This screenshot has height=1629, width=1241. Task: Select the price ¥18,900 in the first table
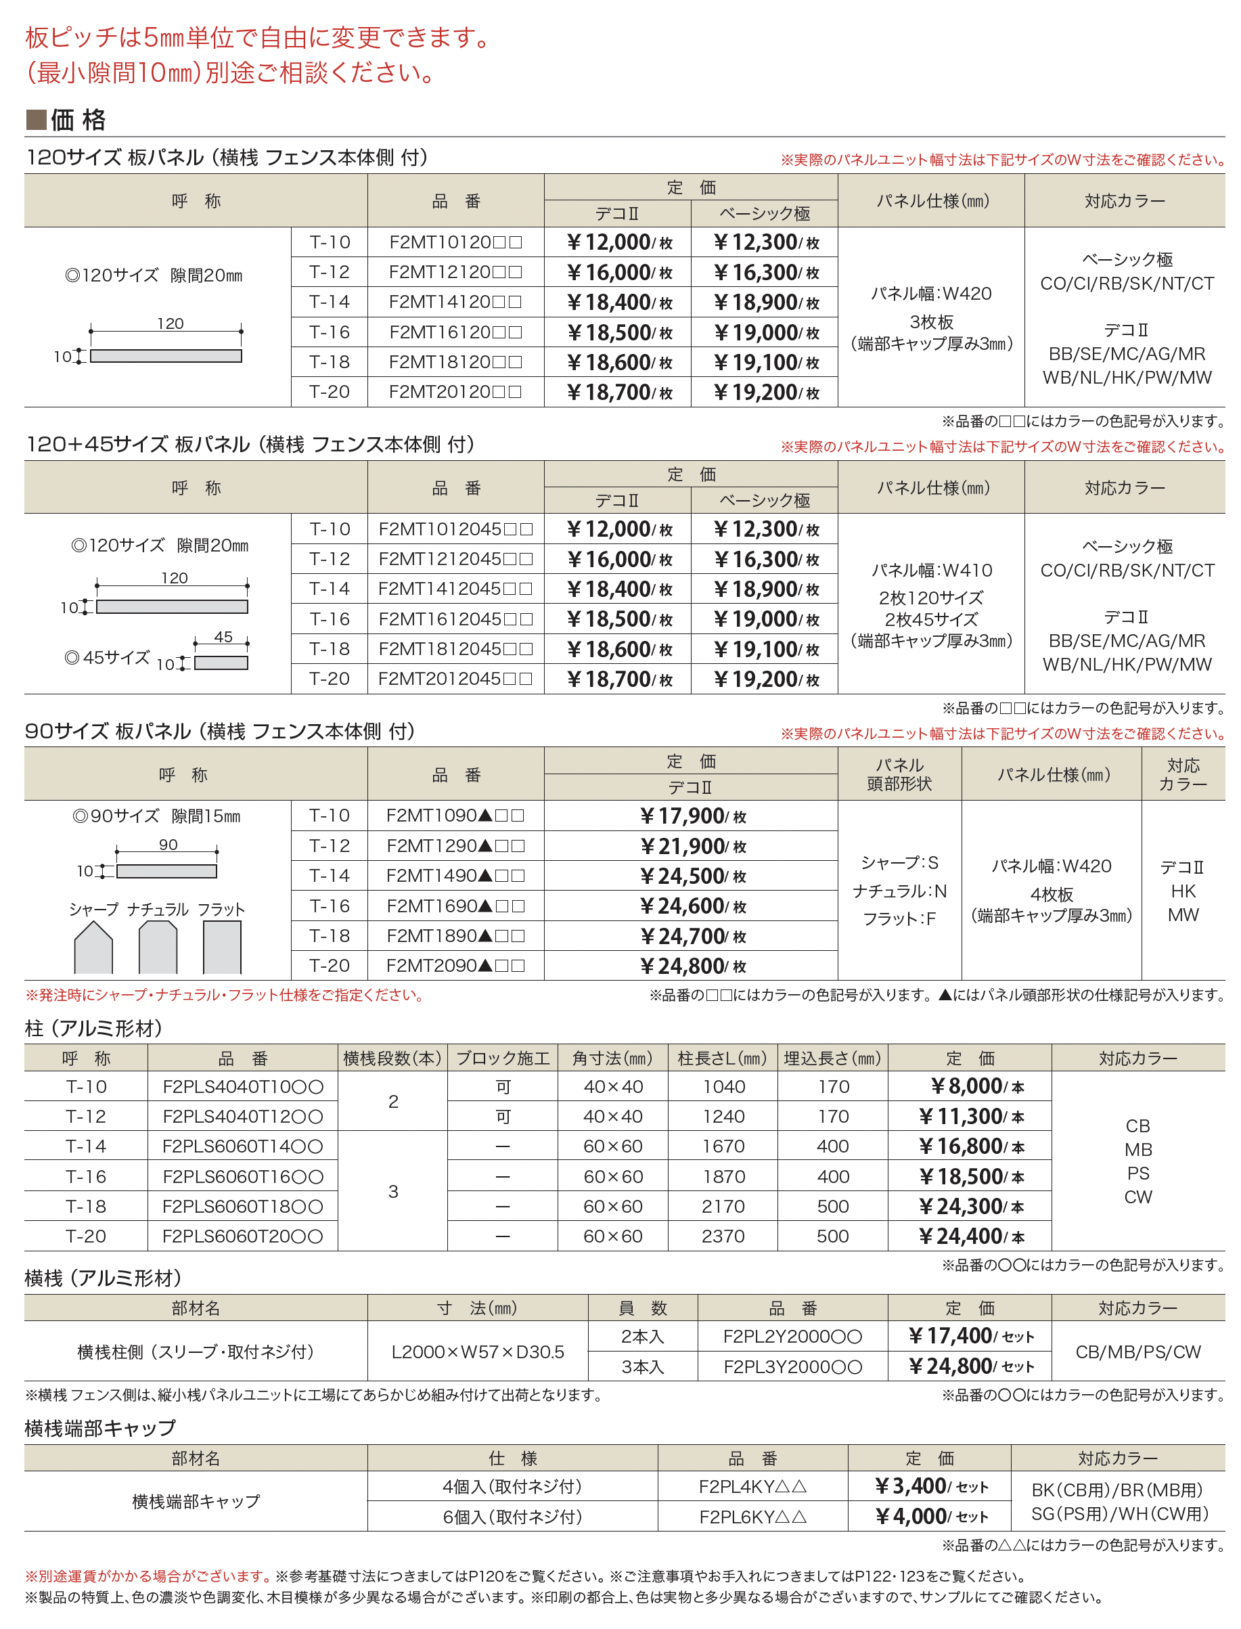coord(765,302)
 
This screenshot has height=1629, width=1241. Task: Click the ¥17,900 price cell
coord(692,816)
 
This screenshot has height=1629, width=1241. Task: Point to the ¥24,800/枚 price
coord(692,966)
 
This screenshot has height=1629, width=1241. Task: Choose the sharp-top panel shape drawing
coord(94,948)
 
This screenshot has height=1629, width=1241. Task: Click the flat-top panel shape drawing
coord(222,948)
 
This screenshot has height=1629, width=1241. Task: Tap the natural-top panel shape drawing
coord(158,948)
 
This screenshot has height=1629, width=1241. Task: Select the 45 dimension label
coord(223,637)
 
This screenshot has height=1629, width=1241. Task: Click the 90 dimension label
coord(168,845)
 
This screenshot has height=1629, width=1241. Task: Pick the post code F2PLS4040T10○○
coord(242,1087)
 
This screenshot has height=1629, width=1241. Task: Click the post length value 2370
coord(723,1236)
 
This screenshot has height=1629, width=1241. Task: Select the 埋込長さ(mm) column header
coord(832,1058)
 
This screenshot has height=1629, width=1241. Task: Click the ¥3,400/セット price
coord(929,1486)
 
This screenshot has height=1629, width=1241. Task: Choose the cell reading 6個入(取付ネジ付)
coord(512,1517)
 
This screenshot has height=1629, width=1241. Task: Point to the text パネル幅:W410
coord(932,571)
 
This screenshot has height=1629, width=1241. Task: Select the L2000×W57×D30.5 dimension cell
coord(477,1352)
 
